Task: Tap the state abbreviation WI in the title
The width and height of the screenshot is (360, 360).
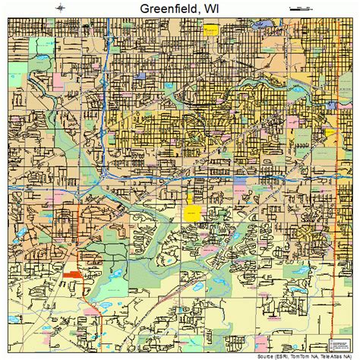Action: coord(219,9)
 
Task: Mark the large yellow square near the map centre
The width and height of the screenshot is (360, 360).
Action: coord(194,213)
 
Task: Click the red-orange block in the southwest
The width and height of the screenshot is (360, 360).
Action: coord(74,274)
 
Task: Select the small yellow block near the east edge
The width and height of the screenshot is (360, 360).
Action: coord(330,132)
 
